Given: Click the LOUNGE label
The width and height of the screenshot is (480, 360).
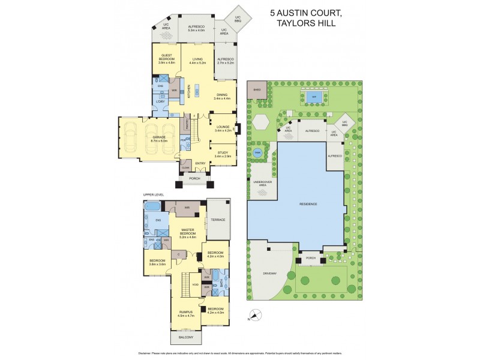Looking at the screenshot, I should point(223,128).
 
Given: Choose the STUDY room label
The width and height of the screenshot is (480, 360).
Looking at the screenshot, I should point(223,154).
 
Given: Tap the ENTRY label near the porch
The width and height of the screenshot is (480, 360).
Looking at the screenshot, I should point(200,163).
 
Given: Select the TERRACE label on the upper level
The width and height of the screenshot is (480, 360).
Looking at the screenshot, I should point(218,220).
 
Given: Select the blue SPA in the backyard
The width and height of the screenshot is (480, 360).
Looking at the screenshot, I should point(310,96).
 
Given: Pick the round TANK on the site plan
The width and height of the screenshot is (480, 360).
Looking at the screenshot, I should point(257,152).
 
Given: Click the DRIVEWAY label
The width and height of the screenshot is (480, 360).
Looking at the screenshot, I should point(269,274).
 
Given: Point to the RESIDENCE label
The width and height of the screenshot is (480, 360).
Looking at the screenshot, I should point(308,204).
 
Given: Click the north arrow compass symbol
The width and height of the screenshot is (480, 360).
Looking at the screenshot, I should point(256,314).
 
